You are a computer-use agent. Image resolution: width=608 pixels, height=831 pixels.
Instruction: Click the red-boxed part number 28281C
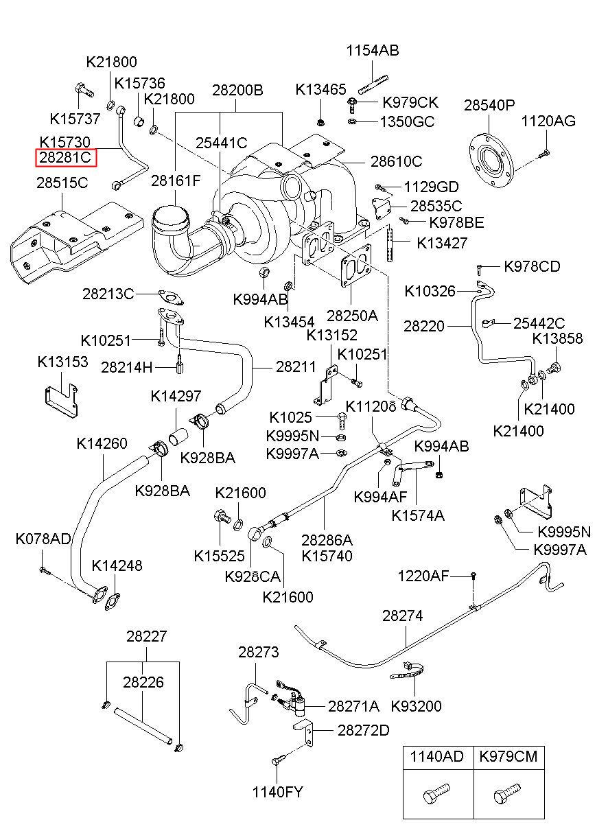click(x=65, y=158)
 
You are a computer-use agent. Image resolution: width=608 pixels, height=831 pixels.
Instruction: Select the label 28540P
click(x=489, y=106)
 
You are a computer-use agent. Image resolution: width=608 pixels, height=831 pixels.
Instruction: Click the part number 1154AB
click(x=373, y=51)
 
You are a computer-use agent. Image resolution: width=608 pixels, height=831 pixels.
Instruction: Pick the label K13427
click(x=442, y=244)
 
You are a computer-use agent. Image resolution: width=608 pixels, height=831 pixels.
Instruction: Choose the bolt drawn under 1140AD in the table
click(x=436, y=794)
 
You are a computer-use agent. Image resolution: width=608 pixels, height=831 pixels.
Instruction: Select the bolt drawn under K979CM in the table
click(x=507, y=794)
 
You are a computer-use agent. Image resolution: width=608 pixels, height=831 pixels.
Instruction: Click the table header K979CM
click(x=508, y=756)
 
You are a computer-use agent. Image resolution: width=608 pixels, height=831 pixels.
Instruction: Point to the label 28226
click(x=143, y=682)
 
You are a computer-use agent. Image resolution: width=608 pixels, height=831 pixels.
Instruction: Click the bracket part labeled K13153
click(x=61, y=400)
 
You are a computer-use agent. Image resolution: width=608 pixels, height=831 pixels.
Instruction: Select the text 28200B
click(x=237, y=90)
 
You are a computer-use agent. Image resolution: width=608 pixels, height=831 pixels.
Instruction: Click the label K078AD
click(x=43, y=539)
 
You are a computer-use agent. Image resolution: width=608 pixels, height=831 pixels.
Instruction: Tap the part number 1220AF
click(x=423, y=576)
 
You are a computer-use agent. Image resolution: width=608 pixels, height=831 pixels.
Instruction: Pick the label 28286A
click(x=327, y=540)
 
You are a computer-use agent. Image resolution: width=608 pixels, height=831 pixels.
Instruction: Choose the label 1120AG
click(x=548, y=121)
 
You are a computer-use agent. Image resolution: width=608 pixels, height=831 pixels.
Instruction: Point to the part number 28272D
click(x=364, y=731)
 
